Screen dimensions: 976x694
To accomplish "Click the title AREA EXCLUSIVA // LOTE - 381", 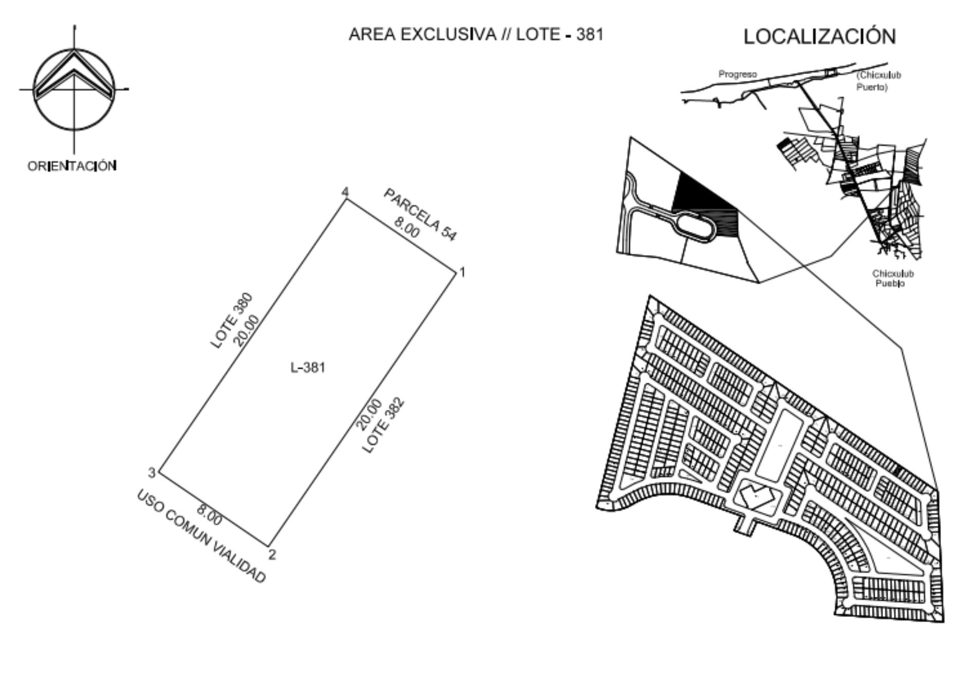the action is tap(476, 34).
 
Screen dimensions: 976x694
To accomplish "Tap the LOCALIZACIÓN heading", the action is tap(820, 36).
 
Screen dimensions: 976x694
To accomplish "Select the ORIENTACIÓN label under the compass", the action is tap(72, 166).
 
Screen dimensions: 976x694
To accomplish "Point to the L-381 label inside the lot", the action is tap(308, 368).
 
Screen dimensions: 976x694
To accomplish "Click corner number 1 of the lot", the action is tap(462, 272).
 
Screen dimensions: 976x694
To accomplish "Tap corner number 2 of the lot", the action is tap(272, 555).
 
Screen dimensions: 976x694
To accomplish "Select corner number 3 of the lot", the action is tap(152, 472).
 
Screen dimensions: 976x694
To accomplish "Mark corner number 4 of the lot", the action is tap(345, 192).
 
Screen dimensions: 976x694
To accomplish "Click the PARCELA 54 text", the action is tap(420, 214).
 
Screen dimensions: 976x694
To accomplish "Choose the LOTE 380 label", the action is tap(232, 321).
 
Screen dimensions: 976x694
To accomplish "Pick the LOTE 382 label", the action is tap(383, 425).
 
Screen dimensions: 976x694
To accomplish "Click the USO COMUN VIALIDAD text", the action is tap(201, 536).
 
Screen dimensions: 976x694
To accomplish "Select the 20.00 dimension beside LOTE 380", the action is tap(247, 331).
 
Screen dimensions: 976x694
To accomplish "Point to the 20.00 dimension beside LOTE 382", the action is tap(369, 414).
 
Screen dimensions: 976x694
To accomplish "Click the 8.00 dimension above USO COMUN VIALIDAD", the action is tap(210, 516).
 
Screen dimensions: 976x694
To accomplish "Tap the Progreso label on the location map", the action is tap(738, 75).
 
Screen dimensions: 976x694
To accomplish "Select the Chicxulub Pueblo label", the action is tap(893, 279).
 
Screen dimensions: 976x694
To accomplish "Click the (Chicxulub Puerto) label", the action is tap(879, 81).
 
